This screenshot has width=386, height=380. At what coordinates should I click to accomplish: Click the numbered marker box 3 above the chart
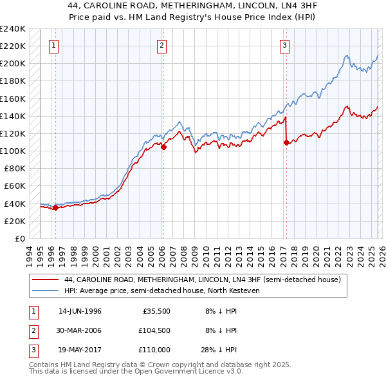284,45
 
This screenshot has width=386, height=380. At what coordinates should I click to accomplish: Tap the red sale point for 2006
163,147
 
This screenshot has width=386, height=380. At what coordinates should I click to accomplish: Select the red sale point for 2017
286,142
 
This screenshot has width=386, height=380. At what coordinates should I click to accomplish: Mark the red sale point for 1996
56,207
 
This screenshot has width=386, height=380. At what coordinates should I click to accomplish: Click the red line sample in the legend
46,280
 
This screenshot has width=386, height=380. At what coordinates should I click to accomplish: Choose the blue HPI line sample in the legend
46,290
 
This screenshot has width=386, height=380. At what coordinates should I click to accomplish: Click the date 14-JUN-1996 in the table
80,311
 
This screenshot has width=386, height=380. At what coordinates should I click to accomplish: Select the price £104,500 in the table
155,330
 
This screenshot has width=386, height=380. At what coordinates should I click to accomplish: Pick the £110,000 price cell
155,350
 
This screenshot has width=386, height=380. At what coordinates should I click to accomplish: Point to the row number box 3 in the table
32,350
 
